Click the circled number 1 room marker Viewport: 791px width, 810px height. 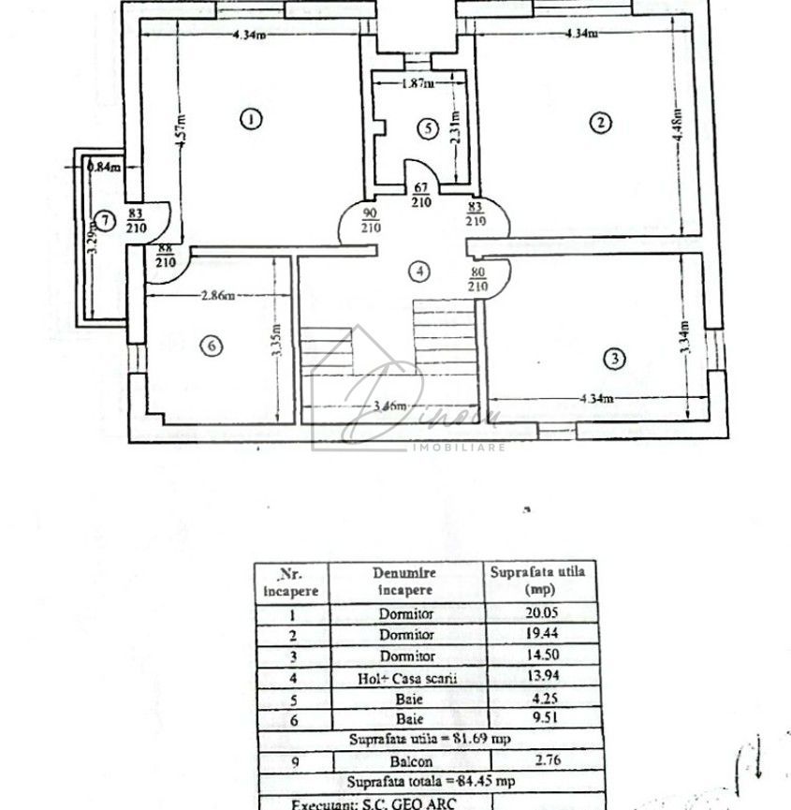(x=249, y=119)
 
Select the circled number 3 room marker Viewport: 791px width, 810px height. (x=614, y=358)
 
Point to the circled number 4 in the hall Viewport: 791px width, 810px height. (x=421, y=272)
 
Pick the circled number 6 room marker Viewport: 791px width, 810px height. (x=212, y=346)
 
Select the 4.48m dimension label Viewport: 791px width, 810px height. (x=677, y=134)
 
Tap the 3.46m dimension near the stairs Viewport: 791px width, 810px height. (x=388, y=406)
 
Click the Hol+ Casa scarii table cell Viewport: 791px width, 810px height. (x=404, y=678)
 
